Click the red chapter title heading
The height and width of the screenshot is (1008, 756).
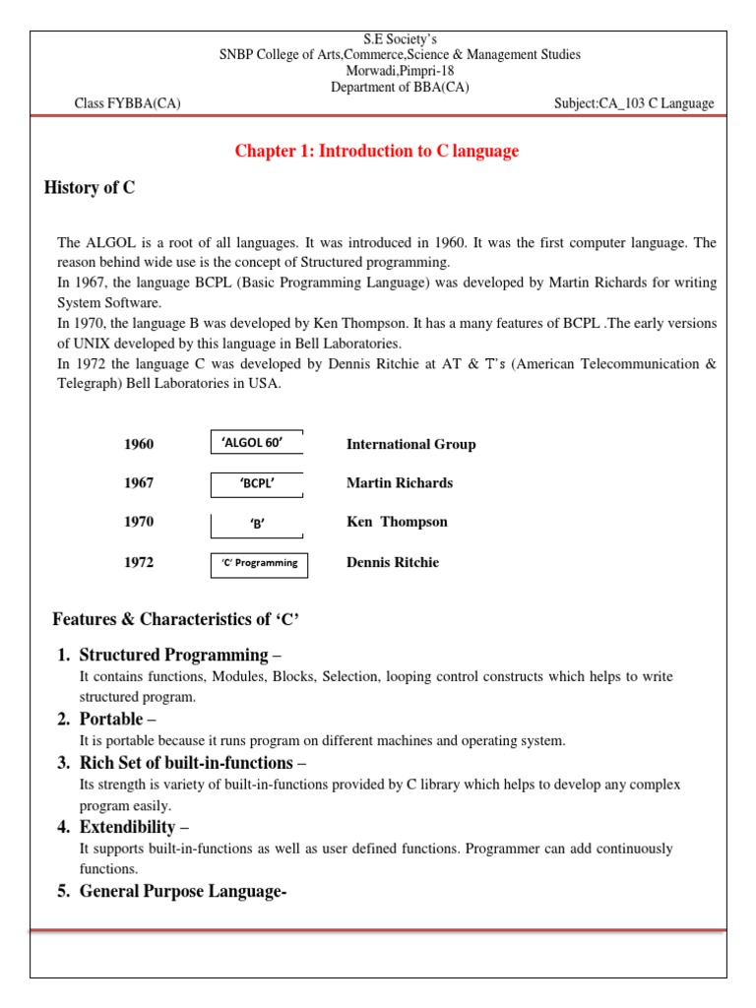pos(376,151)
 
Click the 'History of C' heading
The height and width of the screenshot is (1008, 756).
pos(90,188)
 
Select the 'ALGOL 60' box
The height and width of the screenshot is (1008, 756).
pos(257,443)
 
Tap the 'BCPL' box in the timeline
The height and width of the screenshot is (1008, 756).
pos(257,483)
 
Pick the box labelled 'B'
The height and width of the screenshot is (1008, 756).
pos(257,524)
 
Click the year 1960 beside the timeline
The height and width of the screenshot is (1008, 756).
pos(139,444)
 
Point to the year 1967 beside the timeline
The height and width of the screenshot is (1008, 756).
pos(139,483)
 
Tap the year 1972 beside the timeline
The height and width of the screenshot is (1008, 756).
pos(139,563)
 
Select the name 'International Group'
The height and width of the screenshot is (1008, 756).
pos(410,444)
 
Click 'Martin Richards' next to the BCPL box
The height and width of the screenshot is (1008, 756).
pos(400,483)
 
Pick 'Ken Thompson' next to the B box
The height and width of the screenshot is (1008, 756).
pos(397,522)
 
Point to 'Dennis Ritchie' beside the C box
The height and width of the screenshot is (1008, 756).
pos(393,563)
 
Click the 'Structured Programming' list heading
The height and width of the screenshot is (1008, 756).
pos(173,655)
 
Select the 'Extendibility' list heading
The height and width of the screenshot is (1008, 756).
pos(128,827)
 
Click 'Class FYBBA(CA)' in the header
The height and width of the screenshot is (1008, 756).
pos(128,103)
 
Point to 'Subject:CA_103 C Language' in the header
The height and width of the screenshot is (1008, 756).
pos(635,103)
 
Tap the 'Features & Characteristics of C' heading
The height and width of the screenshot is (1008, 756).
pos(175,619)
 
